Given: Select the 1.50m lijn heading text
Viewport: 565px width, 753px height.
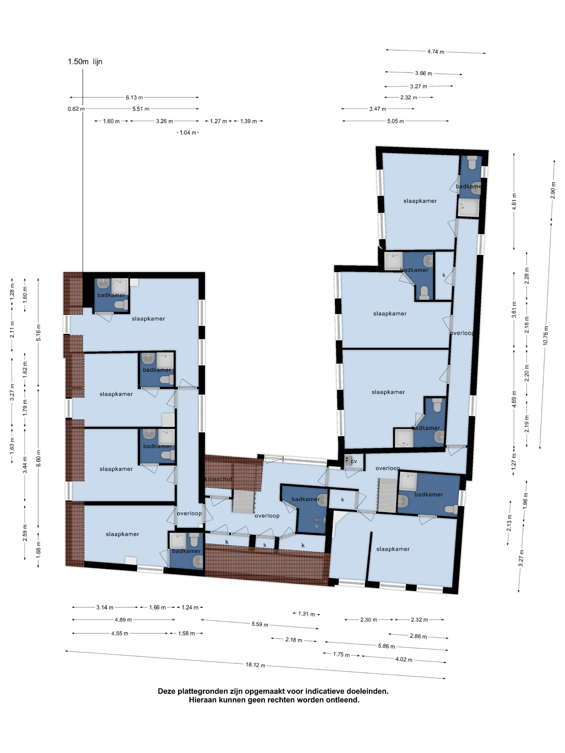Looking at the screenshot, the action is (85, 62).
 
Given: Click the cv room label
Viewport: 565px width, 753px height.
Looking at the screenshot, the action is (354, 461).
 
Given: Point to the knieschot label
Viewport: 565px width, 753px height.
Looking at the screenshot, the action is (218, 479).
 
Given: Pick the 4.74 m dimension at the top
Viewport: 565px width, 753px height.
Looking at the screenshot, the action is (436, 52).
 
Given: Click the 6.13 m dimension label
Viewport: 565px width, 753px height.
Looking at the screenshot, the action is (134, 98).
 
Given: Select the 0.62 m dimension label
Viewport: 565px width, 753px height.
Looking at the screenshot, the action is (76, 109).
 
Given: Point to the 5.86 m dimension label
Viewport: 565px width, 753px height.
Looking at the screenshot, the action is (387, 646).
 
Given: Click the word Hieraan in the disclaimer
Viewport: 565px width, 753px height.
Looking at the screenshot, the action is (202, 700).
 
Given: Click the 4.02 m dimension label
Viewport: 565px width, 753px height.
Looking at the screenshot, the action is (404, 659).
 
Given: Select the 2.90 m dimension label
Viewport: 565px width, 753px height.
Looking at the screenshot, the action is (553, 191).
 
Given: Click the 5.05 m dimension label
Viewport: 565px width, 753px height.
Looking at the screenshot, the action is (395, 121).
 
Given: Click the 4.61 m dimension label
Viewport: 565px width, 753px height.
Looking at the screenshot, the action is (514, 201).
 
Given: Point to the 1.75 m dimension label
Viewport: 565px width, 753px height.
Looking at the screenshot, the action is (342, 655).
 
